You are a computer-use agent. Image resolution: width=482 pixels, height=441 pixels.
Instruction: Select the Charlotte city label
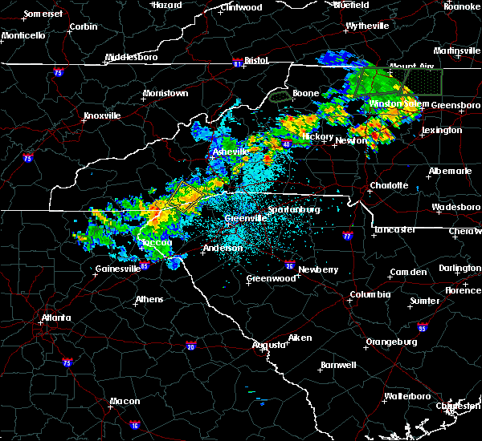390,185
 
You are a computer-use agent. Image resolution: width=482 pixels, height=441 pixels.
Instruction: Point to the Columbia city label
370,294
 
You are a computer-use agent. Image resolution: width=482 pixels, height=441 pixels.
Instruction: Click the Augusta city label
268,344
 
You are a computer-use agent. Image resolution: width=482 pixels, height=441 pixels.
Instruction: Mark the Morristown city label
165,93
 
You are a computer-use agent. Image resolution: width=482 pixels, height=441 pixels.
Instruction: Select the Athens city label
149,299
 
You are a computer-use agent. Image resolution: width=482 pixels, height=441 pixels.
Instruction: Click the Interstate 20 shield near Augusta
190,346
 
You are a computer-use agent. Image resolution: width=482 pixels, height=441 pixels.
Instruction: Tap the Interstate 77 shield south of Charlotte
347,237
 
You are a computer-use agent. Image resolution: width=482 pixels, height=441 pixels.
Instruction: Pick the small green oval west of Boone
280,96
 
